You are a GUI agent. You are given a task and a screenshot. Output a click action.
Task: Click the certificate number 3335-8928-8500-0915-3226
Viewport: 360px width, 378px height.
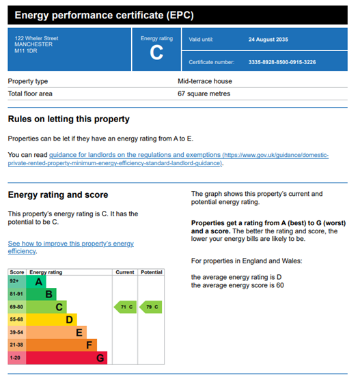pos(282,62)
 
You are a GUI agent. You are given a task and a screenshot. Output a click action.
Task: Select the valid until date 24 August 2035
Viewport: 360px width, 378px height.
pos(268,40)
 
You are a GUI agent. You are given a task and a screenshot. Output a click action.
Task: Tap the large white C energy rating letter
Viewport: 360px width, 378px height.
pos(156,53)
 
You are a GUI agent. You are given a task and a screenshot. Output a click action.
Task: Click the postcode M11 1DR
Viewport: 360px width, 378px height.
pos(26,51)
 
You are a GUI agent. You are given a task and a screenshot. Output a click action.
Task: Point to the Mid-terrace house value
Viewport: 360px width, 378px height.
pos(205,81)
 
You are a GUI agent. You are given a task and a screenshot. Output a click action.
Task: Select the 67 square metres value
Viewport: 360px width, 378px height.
pos(204,93)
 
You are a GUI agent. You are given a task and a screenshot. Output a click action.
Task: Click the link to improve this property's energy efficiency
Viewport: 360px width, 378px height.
pos(70,247)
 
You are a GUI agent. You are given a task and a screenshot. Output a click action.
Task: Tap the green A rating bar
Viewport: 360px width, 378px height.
pos(36,282)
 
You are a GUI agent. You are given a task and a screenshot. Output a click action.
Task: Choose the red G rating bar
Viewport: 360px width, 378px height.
pos(66,358)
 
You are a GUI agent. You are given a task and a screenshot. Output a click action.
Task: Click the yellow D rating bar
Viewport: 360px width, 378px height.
pos(51,319)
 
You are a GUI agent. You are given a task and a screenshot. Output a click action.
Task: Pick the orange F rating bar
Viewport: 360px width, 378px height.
pos(61,345)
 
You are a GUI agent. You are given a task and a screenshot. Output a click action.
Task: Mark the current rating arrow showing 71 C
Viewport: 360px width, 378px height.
pos(125,307)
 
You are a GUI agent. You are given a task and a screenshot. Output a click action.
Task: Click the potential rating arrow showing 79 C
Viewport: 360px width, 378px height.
pos(150,307)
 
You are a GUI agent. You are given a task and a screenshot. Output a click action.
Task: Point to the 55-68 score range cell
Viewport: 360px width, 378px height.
pos(17,319)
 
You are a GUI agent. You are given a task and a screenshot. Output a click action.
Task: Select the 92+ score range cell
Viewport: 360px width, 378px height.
pos(17,282)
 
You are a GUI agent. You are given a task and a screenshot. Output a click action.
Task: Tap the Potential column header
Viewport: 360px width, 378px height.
pos(152,272)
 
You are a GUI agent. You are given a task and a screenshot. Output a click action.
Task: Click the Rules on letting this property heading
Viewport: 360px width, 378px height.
pos(69,119)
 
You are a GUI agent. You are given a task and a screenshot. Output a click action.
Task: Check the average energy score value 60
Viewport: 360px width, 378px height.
pos(280,285)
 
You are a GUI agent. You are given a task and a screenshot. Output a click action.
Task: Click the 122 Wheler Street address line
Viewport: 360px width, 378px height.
pos(36,38)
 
